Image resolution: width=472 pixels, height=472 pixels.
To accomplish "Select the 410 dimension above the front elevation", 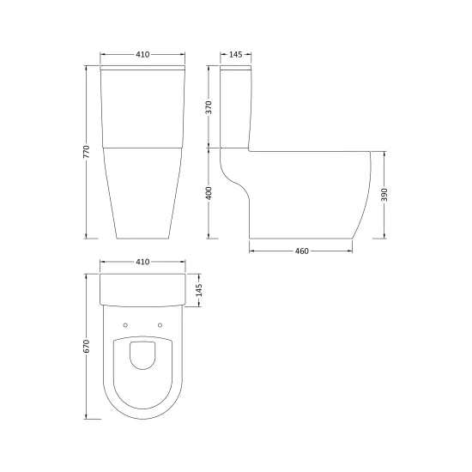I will point(142,55).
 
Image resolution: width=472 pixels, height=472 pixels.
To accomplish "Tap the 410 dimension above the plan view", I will point(142,262).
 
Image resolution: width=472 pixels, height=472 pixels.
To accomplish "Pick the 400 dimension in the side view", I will point(209,194).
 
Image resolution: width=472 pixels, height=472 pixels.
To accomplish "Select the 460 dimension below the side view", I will point(301,251).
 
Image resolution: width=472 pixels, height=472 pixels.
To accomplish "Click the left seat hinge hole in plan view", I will point(124,324).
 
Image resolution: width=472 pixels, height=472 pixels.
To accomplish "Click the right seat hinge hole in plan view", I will point(160,324).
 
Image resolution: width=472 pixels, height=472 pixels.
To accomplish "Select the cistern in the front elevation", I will point(142,107).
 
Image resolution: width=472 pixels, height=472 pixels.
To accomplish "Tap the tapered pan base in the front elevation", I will point(142,193).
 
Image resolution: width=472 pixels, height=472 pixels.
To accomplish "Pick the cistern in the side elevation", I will point(234,107).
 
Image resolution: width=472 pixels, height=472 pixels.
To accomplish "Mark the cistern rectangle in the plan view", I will point(142,290).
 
